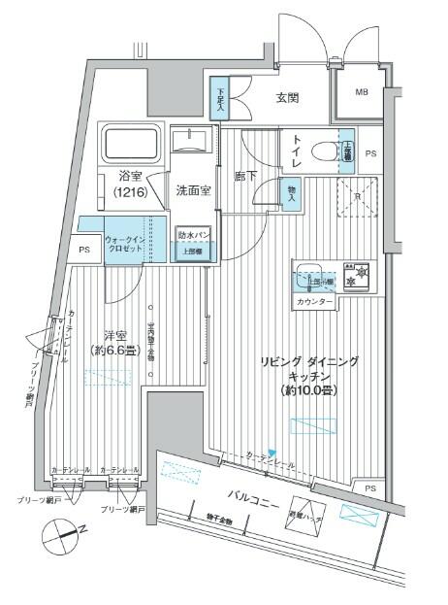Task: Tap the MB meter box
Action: pyautogui.click(x=361, y=93)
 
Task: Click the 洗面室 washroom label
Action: pyautogui.click(x=194, y=190)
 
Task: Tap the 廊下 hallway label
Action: pyautogui.click(x=246, y=178)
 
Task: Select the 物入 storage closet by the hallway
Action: pyautogui.click(x=290, y=192)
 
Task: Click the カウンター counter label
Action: pyautogui.click(x=312, y=303)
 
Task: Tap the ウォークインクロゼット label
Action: pyautogui.click(x=124, y=243)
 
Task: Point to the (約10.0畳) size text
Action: pyautogui.click(x=308, y=389)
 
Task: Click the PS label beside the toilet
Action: pyautogui.click(x=372, y=153)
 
